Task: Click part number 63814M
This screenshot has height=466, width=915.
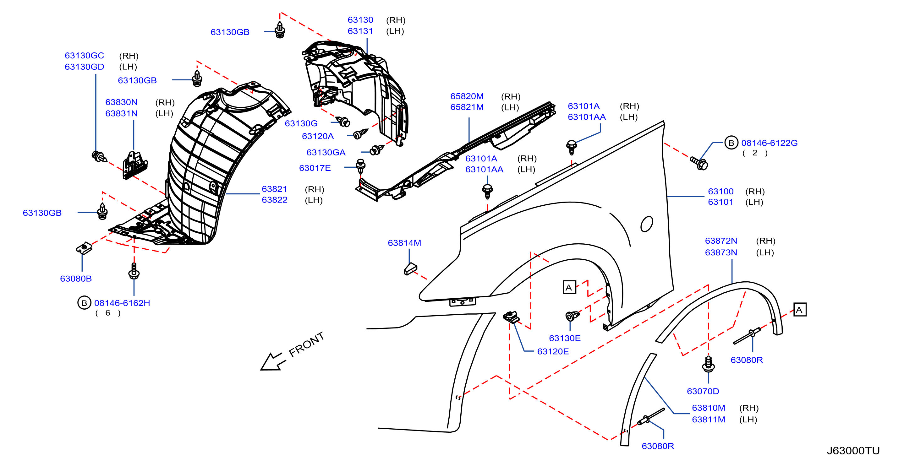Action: coord(404,243)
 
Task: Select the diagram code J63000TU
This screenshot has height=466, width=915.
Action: coord(853,451)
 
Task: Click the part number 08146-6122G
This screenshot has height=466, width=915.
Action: coord(770,143)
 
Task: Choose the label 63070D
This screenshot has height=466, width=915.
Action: coord(703,392)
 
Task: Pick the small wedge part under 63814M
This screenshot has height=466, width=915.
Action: coord(410,269)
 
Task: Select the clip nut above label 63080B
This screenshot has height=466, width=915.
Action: coord(84,248)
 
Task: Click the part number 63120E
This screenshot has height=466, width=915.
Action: coord(553,352)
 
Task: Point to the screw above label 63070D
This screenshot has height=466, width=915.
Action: coord(709,364)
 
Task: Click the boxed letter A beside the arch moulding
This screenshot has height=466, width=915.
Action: coord(800,310)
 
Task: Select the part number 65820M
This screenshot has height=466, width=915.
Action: coord(467,96)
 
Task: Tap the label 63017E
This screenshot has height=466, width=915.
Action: coord(315,168)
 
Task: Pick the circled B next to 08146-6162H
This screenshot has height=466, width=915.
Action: coord(84,303)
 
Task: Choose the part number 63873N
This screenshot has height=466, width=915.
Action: coord(721,253)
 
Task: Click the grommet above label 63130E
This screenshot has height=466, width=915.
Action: coord(572,316)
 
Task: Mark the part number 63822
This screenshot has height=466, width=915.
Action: coord(275,200)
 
